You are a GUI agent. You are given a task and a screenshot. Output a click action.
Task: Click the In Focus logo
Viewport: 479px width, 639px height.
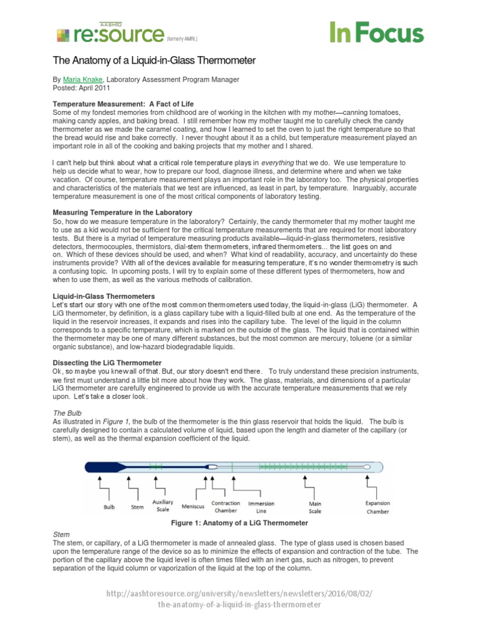(x=376, y=32)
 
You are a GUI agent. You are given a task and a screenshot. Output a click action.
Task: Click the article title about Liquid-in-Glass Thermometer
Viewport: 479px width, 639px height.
(x=153, y=61)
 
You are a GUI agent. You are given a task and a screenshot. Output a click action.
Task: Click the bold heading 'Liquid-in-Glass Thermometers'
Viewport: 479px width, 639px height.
(x=104, y=295)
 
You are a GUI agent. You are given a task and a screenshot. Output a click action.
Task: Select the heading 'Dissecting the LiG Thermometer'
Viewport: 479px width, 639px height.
(x=107, y=363)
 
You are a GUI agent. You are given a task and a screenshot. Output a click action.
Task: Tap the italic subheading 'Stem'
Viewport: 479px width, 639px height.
(x=61, y=535)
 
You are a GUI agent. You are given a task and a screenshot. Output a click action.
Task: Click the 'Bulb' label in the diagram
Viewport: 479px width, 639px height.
(x=109, y=507)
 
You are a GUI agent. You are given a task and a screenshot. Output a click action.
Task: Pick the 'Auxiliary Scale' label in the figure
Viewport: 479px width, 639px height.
(x=163, y=506)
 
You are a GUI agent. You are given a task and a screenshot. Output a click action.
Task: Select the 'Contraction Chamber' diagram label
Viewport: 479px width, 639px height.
(x=226, y=507)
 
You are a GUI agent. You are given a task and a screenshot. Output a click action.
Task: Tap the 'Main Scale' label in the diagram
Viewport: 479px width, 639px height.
(x=315, y=507)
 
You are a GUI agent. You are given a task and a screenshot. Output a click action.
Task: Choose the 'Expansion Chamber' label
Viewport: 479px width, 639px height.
(x=377, y=507)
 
